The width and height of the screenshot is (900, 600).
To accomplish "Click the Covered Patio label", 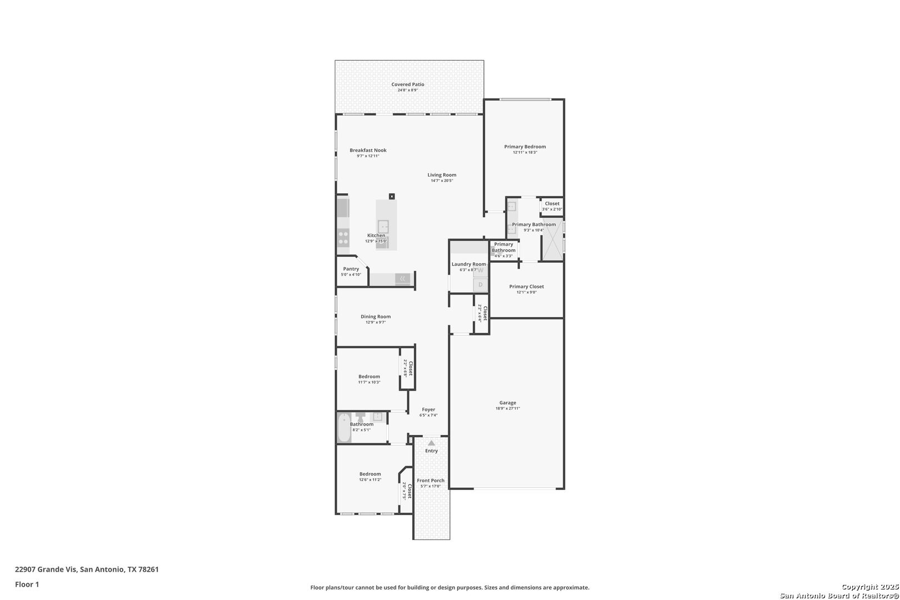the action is point(408,84).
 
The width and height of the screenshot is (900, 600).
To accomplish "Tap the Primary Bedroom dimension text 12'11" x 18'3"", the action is point(525,152).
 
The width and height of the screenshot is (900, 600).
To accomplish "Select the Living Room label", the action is point(442,175).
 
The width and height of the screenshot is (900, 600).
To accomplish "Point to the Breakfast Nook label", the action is point(368,151).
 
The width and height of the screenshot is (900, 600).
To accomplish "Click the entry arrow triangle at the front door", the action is point(431,443).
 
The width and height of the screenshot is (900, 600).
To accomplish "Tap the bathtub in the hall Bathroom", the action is point(344,428).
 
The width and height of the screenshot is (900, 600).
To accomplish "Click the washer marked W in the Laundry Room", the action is point(481,270).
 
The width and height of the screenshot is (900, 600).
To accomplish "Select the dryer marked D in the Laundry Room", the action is point(481,285).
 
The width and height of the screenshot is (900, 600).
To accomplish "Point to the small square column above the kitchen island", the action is point(392,196).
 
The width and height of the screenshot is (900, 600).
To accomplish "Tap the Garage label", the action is point(508,403).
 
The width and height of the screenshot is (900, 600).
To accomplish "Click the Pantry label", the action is point(351,269).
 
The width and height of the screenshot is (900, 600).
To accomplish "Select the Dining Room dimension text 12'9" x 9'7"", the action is point(376,322).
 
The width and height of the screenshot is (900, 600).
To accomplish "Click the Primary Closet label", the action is point(526,287).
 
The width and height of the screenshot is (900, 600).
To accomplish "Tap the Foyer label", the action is point(428,409).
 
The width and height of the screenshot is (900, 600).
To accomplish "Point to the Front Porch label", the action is point(431,480).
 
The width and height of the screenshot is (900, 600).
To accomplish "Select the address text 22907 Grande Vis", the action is point(46,569).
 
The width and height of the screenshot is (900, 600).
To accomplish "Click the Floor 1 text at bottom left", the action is point(27,584).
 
